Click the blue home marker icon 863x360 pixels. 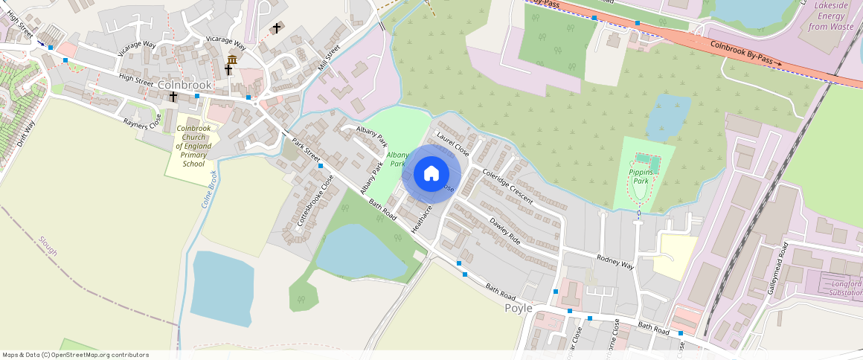(431, 174)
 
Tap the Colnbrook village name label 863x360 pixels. (185, 86)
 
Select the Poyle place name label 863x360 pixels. (519, 308)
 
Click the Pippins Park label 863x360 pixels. (641, 176)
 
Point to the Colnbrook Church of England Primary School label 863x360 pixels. (193, 146)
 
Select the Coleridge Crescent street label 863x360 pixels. (507, 186)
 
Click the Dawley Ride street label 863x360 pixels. (504, 231)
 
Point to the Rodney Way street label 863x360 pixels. (615, 261)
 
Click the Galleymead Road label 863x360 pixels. (777, 274)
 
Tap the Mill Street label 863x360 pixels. (328, 58)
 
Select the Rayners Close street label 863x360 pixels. (142, 120)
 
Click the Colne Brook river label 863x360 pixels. (208, 190)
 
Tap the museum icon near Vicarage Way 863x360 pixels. (232, 59)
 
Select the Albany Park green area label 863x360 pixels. (396, 159)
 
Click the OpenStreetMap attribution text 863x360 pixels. (75, 355)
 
